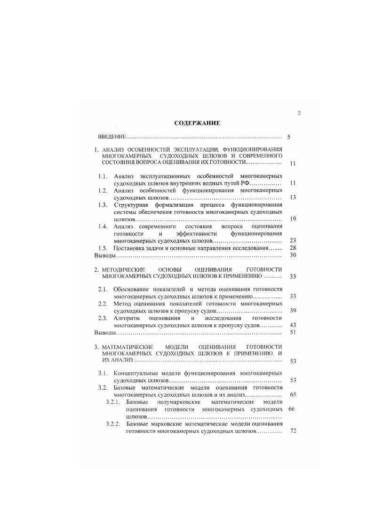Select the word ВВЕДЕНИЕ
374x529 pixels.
click(x=112, y=137)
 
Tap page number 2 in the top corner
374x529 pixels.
click(x=299, y=113)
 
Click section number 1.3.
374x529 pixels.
click(x=103, y=205)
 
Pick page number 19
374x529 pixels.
click(x=293, y=219)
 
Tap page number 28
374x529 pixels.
click(x=293, y=248)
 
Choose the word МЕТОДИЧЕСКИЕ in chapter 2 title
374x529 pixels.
click(x=123, y=269)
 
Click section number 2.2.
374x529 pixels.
click(x=103, y=304)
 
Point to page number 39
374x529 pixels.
click(x=293, y=311)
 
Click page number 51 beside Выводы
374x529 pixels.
click(x=293, y=333)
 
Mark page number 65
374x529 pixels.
click(x=293, y=394)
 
